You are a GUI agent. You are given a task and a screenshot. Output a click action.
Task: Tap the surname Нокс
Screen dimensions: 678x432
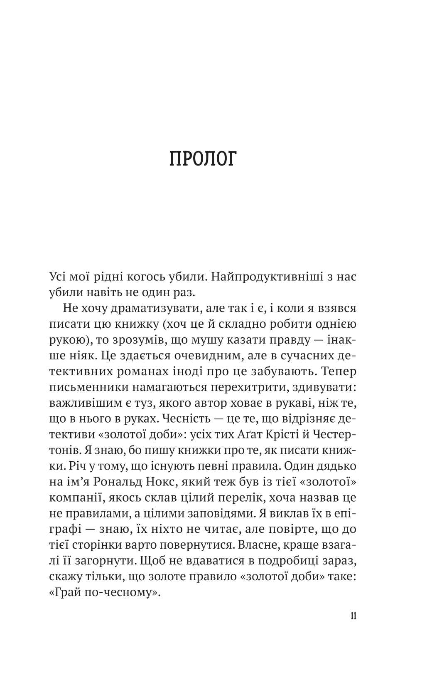click(172, 481)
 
